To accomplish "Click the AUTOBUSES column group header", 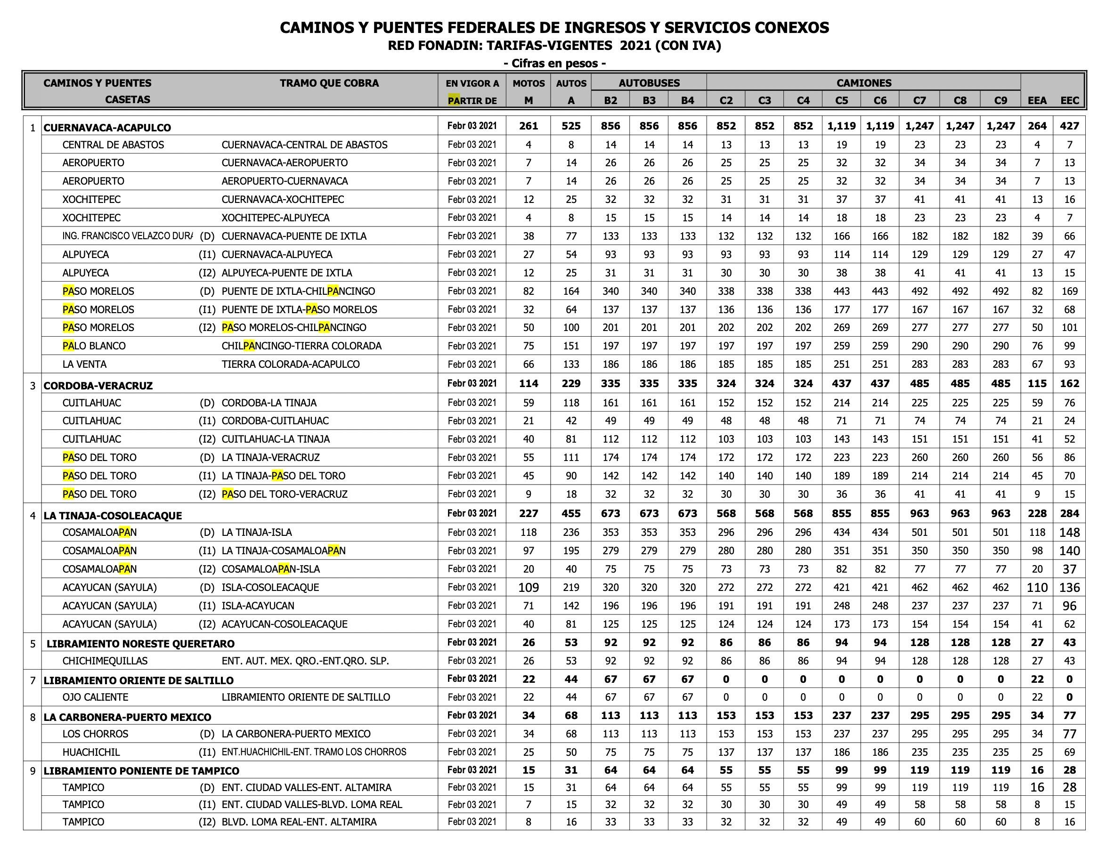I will point(649,83).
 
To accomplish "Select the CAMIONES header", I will point(863,83).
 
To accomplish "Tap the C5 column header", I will point(841,100).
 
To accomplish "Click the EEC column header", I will point(1070,100).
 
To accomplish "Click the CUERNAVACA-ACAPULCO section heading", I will point(107,128).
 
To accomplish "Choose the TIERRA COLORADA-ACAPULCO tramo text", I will point(290,364).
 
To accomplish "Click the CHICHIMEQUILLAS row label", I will point(105,661).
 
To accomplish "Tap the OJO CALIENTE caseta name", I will point(95,697).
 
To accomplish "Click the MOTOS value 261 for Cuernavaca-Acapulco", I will point(528,126).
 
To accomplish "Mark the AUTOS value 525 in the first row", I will point(571,126).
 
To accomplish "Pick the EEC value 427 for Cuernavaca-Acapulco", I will point(1070,126).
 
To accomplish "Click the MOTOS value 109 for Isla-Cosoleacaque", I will point(528,587).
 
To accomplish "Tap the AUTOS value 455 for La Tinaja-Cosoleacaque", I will point(571,513).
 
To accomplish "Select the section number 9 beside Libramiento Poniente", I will point(33,771).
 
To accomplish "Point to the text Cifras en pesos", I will point(555,63).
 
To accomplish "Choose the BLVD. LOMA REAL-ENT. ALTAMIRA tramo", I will point(299,822).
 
